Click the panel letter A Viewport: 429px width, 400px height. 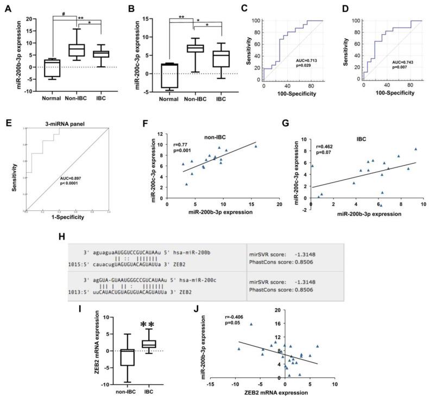click(x=9, y=8)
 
